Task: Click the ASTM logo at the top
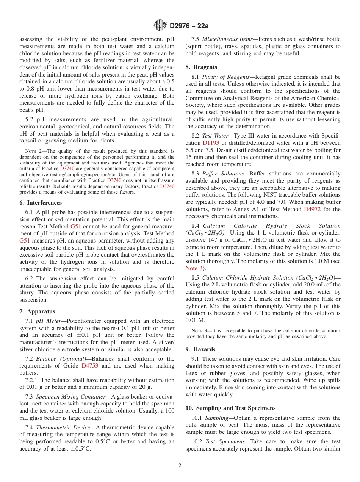pos(160,25)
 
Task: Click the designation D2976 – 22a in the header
pos(189,26)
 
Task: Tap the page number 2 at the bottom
pos(180,466)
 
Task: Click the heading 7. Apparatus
pos(37,311)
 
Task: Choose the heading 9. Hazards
pos(200,349)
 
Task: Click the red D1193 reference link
pos(211,143)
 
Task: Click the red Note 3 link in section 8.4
pos(194,268)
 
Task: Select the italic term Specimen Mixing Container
pos(71,397)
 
